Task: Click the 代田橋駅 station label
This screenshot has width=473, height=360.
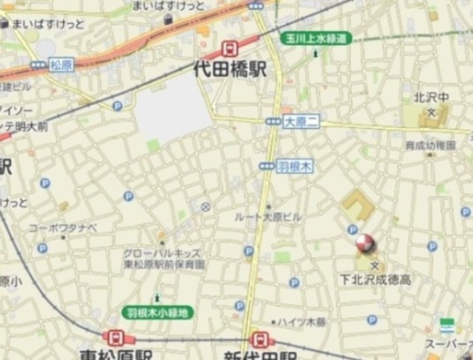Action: pos(229,70)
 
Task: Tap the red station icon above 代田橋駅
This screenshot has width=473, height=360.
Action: pos(230,50)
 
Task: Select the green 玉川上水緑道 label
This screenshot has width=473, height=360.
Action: pos(316,38)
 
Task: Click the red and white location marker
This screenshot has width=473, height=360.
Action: pos(365,244)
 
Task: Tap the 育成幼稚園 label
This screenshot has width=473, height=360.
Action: pos(429,146)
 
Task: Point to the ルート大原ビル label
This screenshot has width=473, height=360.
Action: pos(268,217)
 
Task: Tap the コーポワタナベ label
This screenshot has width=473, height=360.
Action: pos(63,228)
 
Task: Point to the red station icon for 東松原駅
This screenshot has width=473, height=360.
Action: pos(115,338)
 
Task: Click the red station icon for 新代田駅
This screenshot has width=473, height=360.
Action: pos(259,339)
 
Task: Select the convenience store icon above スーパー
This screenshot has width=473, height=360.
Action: pos(446,326)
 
